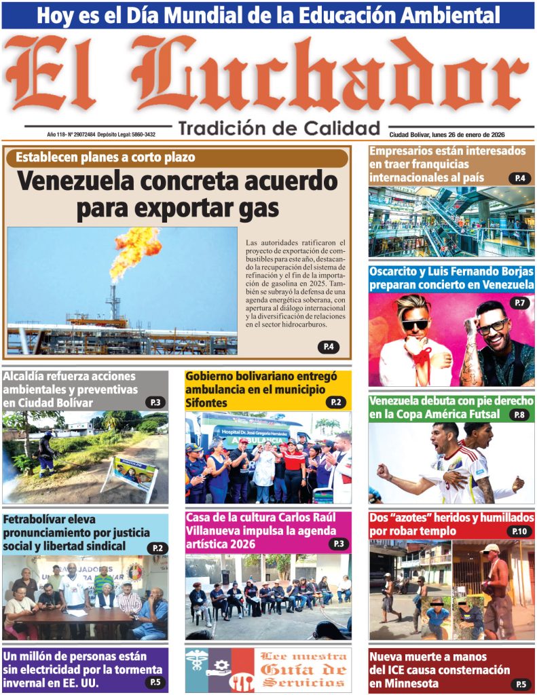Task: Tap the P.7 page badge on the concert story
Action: pos(519,303)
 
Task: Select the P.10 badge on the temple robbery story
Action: pos(519,531)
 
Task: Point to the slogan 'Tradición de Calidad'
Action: pos(279,128)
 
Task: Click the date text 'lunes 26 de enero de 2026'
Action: pos(470,134)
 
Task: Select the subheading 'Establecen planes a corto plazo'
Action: pos(105,157)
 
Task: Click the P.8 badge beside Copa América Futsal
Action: pos(519,415)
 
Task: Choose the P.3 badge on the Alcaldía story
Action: pos(155,402)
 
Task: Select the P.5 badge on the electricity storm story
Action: pos(155,683)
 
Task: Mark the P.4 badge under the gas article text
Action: pos(328,347)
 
